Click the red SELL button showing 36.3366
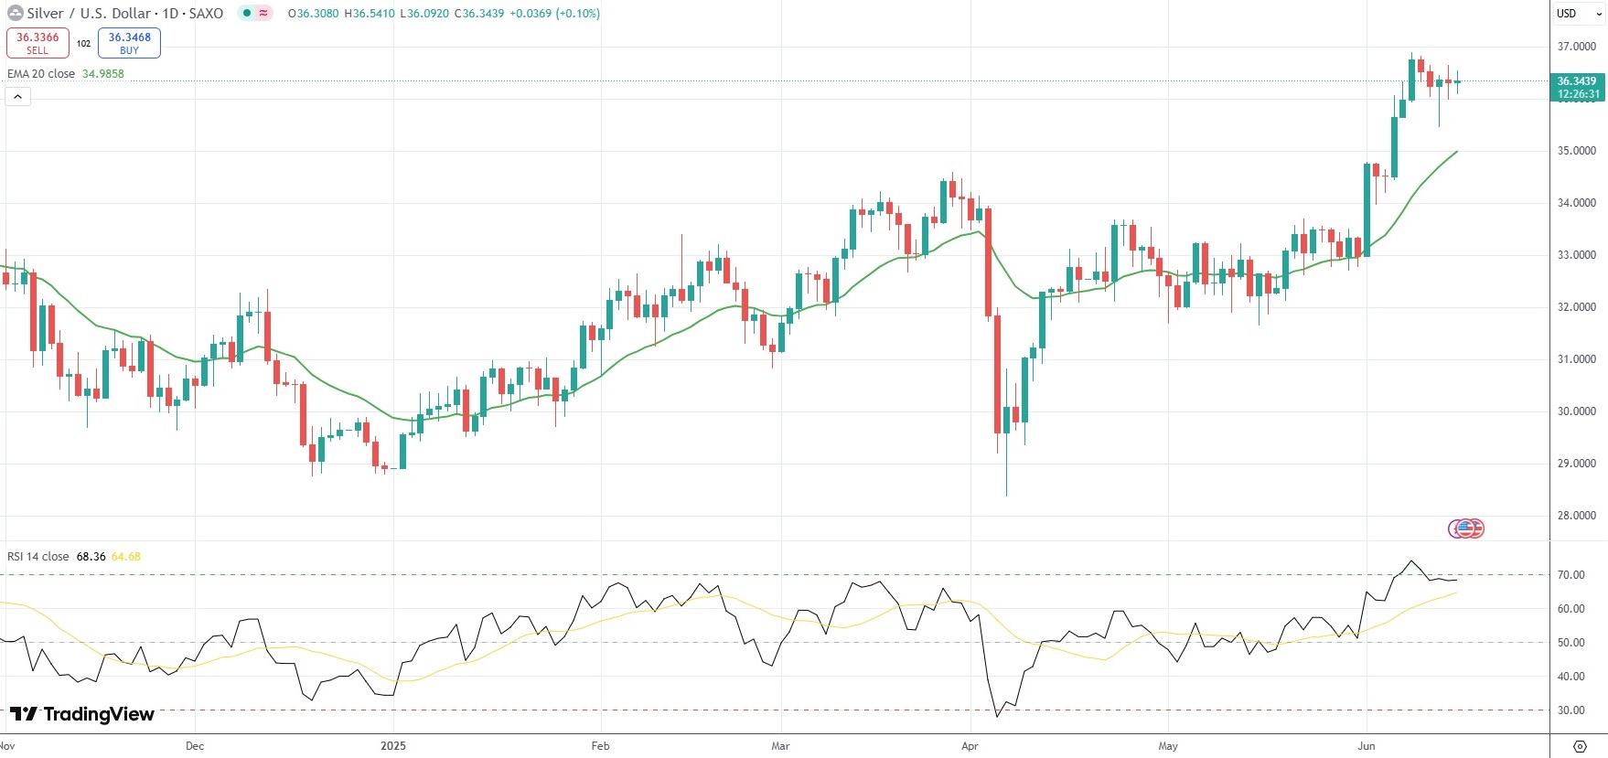point(38,42)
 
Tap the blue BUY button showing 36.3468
point(129,42)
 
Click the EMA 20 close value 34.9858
point(102,74)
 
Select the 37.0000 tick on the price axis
point(1576,47)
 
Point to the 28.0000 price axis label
point(1576,516)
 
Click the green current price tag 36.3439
point(1578,87)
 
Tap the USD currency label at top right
point(1567,14)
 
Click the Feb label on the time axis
point(600,746)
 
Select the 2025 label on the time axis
point(393,746)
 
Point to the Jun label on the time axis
point(1367,746)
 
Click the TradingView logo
point(82,714)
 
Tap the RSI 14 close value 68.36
point(91,557)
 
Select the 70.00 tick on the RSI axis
point(1570,575)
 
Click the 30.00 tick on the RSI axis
point(1570,710)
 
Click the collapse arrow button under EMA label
point(17,96)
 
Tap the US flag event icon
point(1466,528)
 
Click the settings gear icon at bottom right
point(1579,746)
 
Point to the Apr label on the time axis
point(970,746)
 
